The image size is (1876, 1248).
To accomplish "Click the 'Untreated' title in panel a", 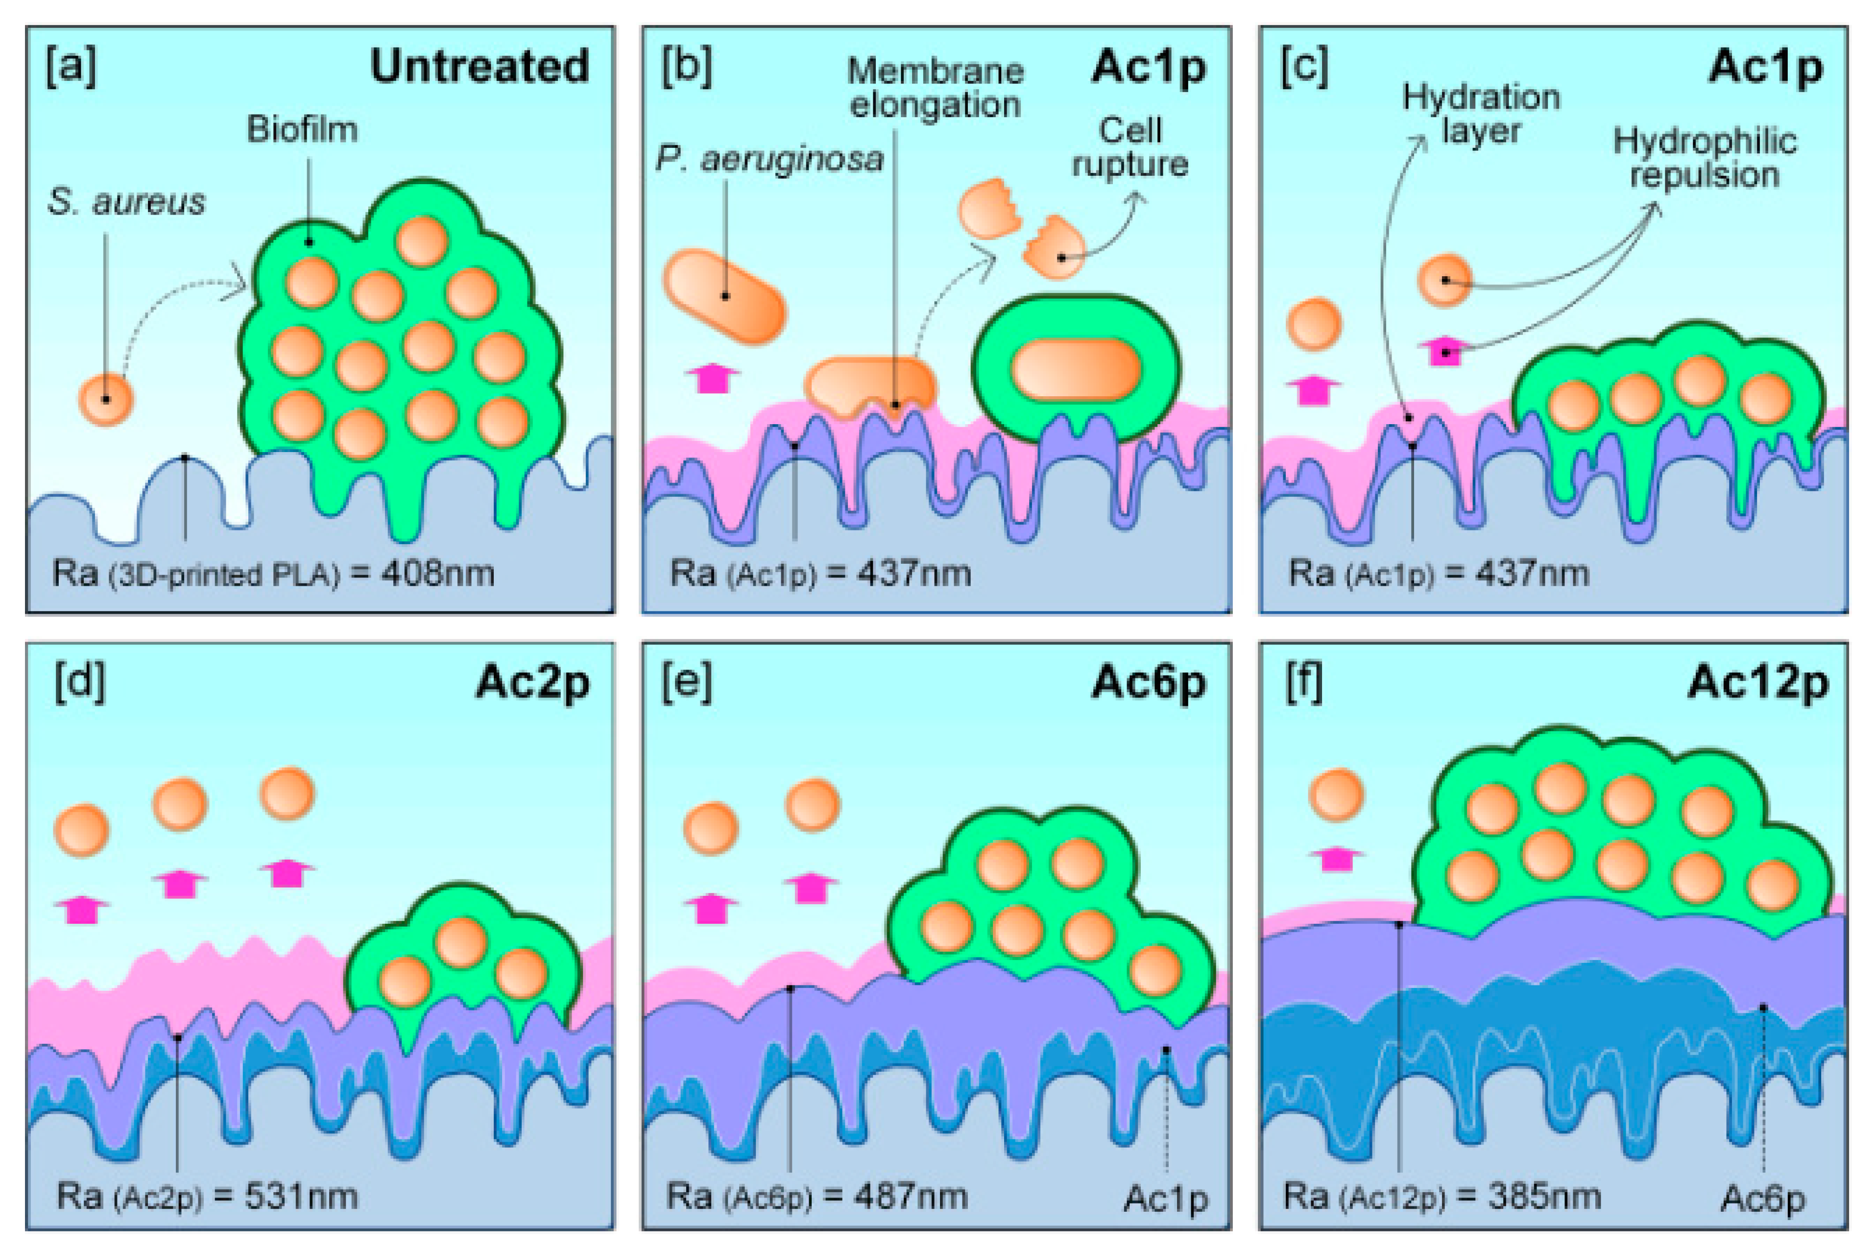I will pyautogui.click(x=480, y=66).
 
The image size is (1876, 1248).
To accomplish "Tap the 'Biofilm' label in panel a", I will pyautogui.click(x=302, y=129).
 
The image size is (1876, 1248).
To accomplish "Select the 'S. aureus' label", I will pyautogui.click(x=126, y=202).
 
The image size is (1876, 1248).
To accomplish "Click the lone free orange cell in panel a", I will pyautogui.click(x=106, y=400).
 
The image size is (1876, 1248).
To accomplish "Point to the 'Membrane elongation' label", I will pyautogui.click(x=935, y=88).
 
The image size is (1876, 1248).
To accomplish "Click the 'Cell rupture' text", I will pyautogui.click(x=1130, y=147).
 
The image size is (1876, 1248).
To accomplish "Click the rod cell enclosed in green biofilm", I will pyautogui.click(x=1076, y=369).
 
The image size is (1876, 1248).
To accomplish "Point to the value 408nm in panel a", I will pyautogui.click(x=437, y=573).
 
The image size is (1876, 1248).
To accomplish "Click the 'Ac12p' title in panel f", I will pyautogui.click(x=1757, y=683).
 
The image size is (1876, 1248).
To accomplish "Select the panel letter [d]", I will pyautogui.click(x=79, y=683).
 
